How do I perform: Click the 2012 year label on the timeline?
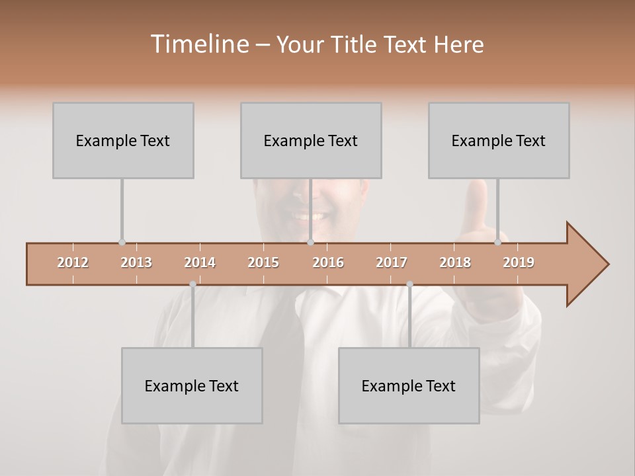[x=73, y=262]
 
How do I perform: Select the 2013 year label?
[x=136, y=262]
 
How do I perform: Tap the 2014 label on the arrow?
[x=200, y=262]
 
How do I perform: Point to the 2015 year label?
[x=263, y=262]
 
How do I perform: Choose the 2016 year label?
[x=328, y=262]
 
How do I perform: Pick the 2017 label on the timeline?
[x=392, y=262]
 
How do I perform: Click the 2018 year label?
[x=455, y=262]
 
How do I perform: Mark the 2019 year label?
[x=519, y=262]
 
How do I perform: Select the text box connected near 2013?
[x=123, y=140]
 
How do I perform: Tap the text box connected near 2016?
[x=311, y=140]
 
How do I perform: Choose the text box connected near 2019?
[x=499, y=140]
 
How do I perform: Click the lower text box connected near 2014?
[x=192, y=385]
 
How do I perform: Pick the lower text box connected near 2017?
[x=409, y=385]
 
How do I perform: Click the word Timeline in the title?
[x=198, y=44]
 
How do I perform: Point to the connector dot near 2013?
[x=122, y=243]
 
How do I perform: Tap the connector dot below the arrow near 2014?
[x=192, y=284]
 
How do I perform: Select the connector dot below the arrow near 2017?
[x=409, y=284]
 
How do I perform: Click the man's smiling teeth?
[x=310, y=216]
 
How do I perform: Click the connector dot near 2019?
[x=497, y=243]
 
